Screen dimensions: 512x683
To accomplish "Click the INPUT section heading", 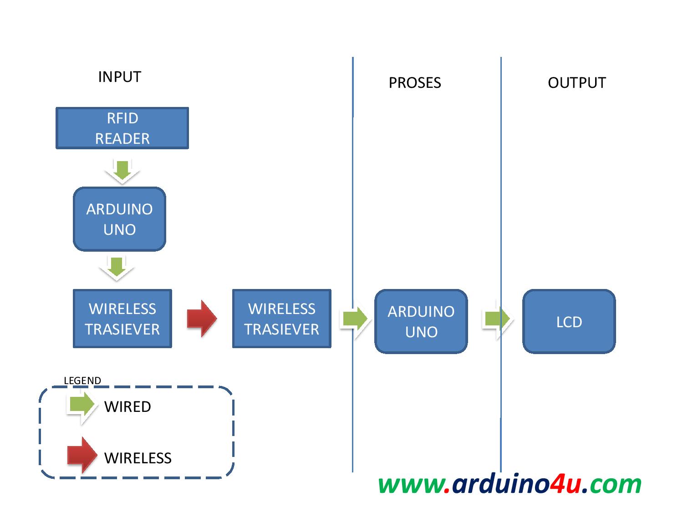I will [x=120, y=77].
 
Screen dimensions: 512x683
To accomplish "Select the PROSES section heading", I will [x=414, y=83].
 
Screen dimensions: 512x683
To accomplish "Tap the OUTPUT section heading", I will [x=576, y=83].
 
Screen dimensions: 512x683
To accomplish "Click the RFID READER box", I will [x=122, y=128].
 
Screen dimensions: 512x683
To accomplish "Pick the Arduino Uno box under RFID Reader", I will [x=119, y=219].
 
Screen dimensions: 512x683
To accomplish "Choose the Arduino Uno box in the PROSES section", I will [x=421, y=321].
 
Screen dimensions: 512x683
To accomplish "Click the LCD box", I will [x=569, y=322].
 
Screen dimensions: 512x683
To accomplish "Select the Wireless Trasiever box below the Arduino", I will [x=122, y=319].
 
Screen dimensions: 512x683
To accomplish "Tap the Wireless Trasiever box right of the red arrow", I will [x=281, y=319].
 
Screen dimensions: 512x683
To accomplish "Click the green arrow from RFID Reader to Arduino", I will [x=122, y=171].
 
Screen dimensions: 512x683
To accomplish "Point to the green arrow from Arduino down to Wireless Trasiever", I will [x=117, y=268].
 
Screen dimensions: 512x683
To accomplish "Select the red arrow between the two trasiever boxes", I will [x=202, y=319].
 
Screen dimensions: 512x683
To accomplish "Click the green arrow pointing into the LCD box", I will [x=497, y=319].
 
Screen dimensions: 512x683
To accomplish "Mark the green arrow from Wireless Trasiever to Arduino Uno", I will [x=355, y=319].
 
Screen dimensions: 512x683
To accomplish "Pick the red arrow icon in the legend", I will [x=82, y=455].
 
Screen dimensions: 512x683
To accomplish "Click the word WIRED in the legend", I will [x=127, y=407].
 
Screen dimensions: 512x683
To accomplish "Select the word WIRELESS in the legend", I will [x=138, y=458].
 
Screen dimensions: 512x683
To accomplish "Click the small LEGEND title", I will [x=82, y=380].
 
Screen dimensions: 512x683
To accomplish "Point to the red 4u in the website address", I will [x=565, y=484].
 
